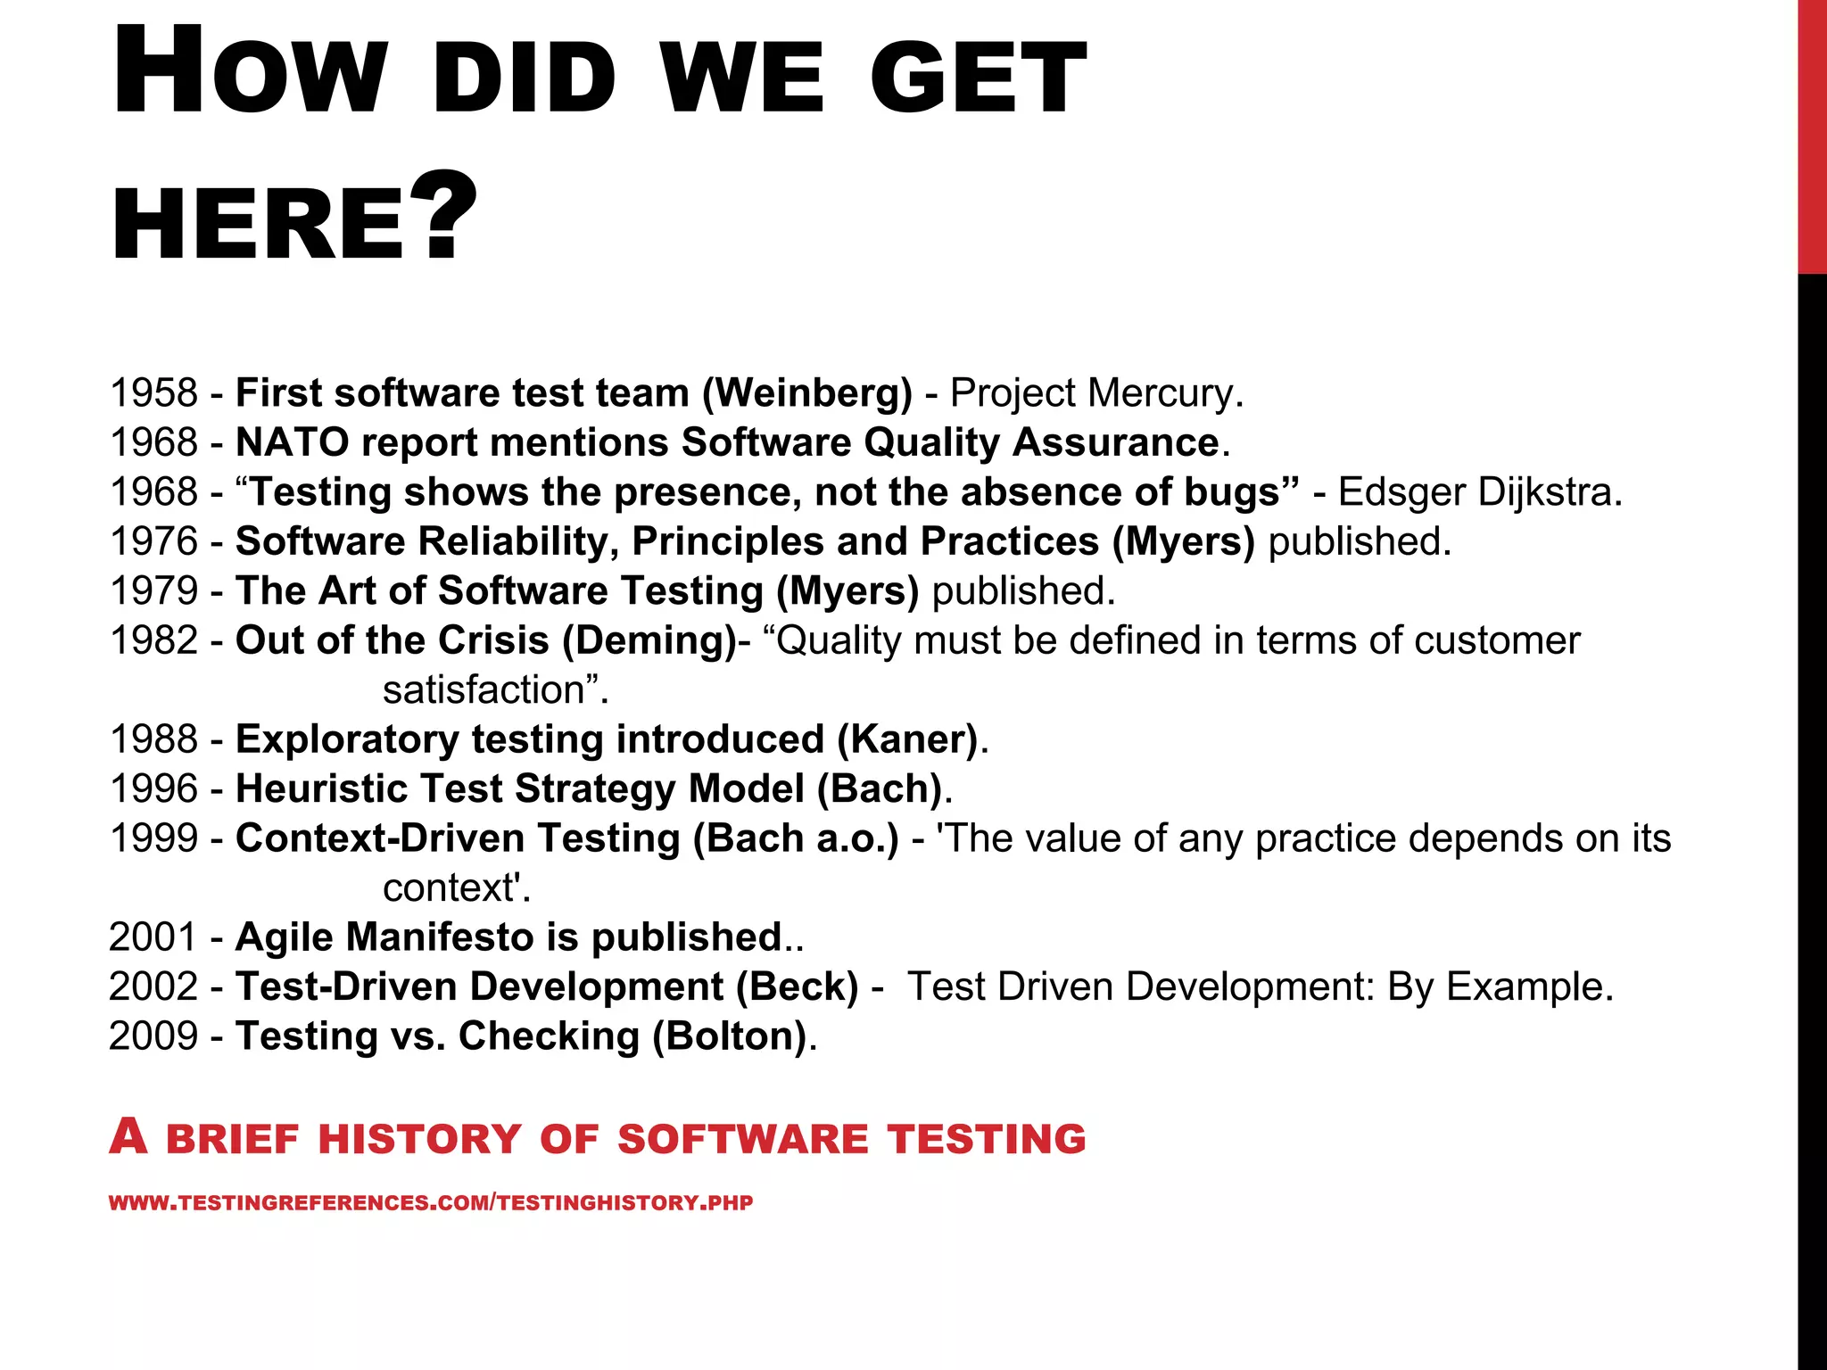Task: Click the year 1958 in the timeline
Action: coord(153,393)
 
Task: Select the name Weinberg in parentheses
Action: coord(807,393)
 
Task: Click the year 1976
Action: coord(153,541)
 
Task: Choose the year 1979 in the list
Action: coord(153,591)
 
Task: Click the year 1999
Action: coord(153,838)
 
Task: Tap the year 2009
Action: coord(153,1036)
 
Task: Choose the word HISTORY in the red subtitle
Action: coord(419,1140)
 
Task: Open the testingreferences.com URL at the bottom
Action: coord(431,1203)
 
